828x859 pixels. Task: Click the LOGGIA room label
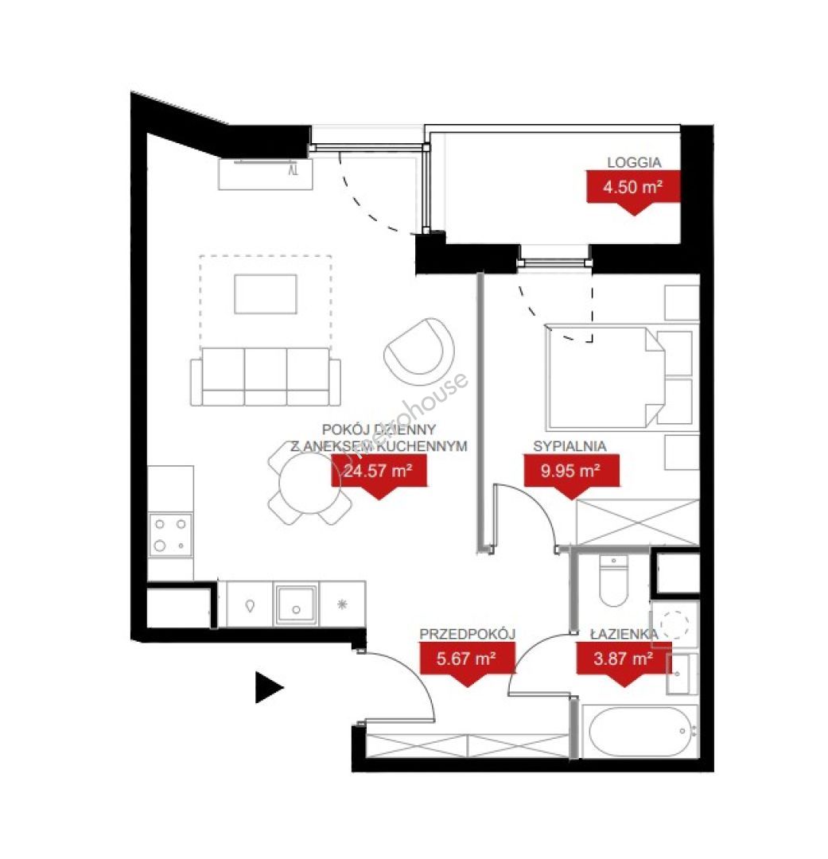click(x=634, y=162)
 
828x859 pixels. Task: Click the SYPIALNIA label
click(x=570, y=446)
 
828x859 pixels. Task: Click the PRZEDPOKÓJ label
click(x=468, y=635)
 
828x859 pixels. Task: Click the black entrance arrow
click(x=269, y=687)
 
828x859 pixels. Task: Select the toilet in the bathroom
click(x=613, y=581)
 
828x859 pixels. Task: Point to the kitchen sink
click(x=296, y=604)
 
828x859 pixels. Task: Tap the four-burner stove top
click(x=170, y=535)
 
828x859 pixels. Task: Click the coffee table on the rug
click(x=266, y=294)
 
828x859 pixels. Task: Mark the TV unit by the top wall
click(x=265, y=174)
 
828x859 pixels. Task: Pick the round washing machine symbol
click(x=674, y=624)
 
